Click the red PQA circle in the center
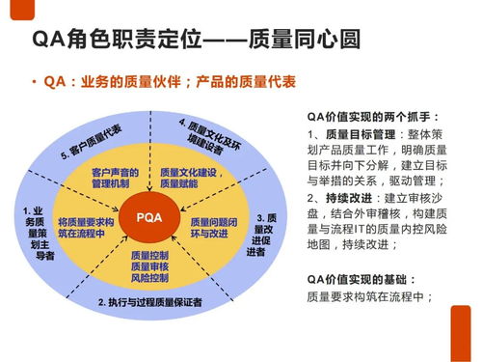pyautogui.click(x=148, y=217)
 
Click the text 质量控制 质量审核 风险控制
pyautogui.click(x=148, y=267)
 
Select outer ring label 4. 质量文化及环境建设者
pyautogui.click(x=215, y=137)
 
